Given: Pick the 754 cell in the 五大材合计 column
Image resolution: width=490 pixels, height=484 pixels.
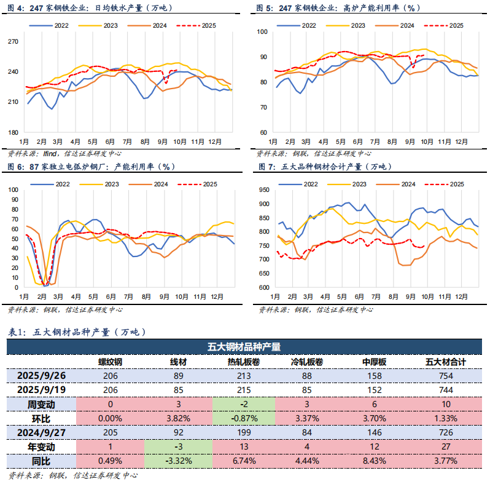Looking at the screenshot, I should (446, 376).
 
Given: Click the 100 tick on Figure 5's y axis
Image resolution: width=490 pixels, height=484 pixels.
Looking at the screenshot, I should (262, 31).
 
